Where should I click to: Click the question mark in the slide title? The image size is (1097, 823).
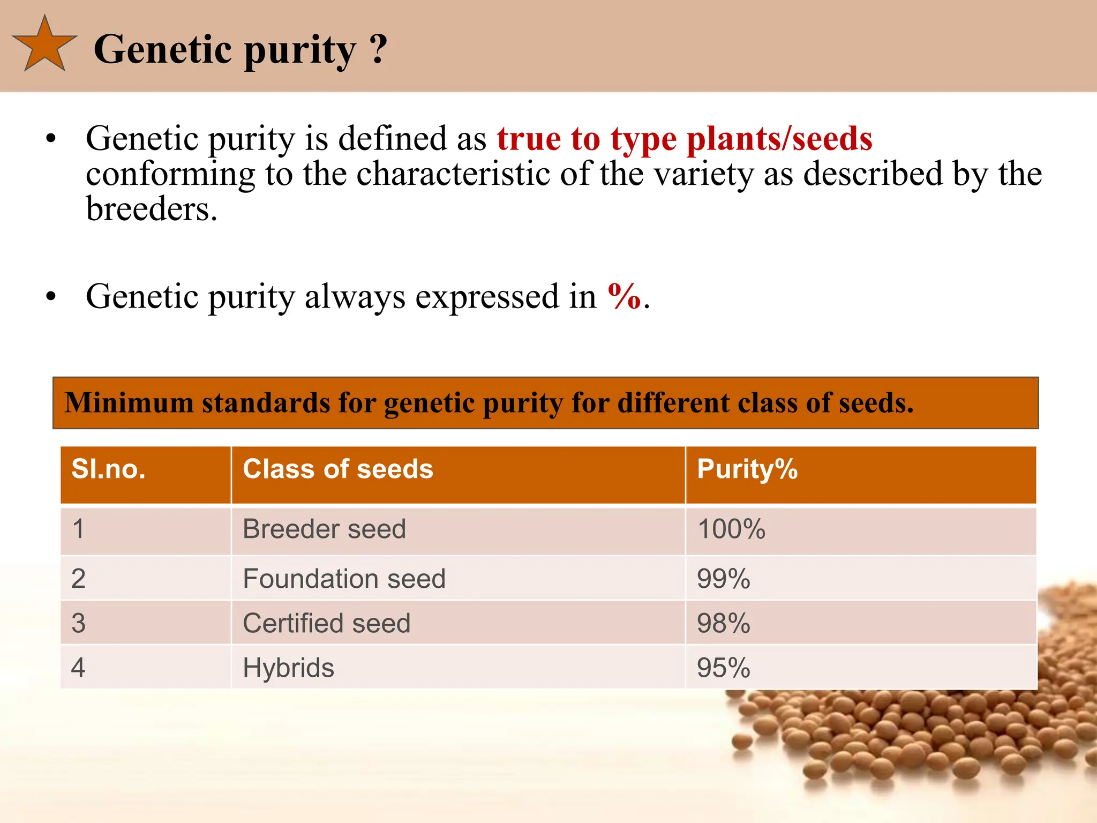(x=378, y=49)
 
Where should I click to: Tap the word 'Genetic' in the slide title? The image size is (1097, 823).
(x=164, y=49)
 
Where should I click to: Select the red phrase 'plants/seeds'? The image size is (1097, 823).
(x=779, y=139)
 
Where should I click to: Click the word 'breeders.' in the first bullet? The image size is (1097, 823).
(x=152, y=209)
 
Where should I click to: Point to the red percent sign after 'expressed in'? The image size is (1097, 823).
(x=624, y=296)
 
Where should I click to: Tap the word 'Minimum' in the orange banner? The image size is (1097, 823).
(x=129, y=403)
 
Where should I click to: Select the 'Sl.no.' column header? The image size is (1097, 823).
(x=109, y=469)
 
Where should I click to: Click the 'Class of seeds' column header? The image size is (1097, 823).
(x=337, y=469)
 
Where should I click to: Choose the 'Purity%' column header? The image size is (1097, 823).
(x=747, y=469)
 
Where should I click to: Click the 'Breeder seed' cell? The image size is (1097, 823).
(x=324, y=529)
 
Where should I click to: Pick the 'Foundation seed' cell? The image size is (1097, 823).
(x=344, y=579)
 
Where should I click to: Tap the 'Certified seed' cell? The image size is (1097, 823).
(x=326, y=623)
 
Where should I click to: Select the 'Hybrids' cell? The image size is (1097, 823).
(x=288, y=668)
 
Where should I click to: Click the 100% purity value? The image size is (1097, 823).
(x=731, y=529)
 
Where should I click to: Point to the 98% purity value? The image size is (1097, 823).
(x=723, y=623)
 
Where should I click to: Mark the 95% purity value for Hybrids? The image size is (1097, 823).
(x=723, y=668)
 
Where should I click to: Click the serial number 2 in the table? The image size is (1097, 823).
(x=78, y=579)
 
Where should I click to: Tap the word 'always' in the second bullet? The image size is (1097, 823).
(x=355, y=296)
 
